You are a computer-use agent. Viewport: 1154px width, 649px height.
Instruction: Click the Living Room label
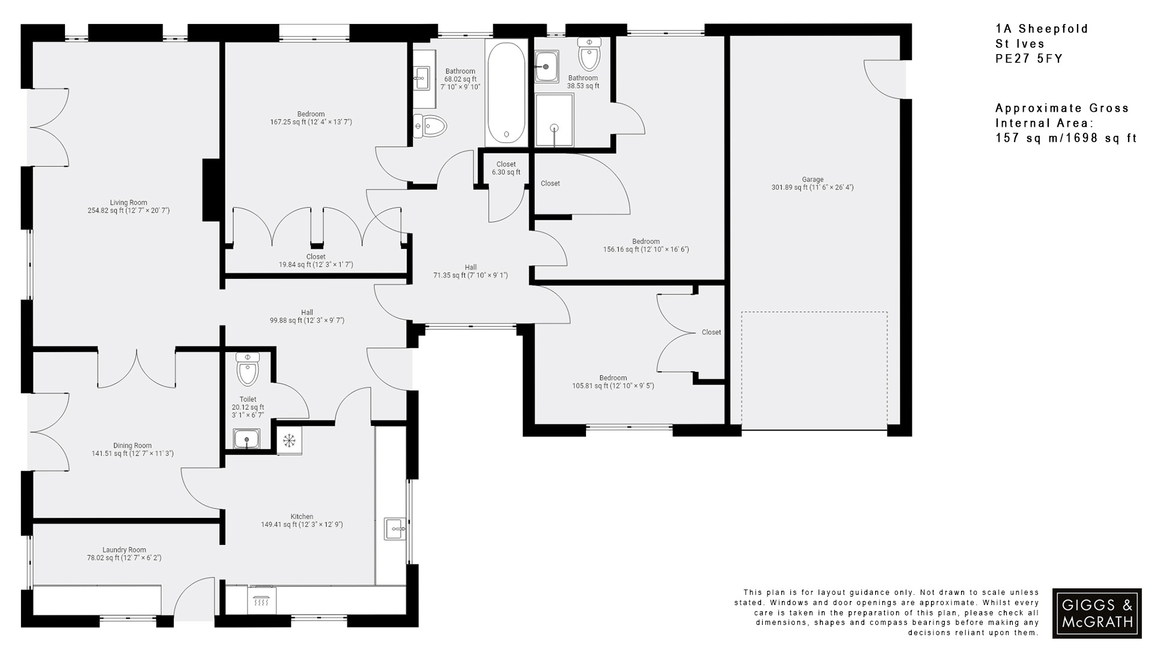point(129,207)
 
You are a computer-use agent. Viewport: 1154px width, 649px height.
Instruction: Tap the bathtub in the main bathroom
point(506,93)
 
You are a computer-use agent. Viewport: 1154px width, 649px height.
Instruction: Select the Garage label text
point(812,183)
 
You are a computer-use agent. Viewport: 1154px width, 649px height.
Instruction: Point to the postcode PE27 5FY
point(1029,59)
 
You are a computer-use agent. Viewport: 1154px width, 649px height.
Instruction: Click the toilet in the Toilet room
point(248,368)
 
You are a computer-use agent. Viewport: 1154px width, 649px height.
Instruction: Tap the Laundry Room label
point(124,553)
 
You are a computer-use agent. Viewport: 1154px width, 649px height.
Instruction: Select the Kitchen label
point(302,520)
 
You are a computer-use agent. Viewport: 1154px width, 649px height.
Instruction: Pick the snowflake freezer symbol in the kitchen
point(289,441)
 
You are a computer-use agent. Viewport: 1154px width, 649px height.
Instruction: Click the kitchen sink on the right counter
point(395,529)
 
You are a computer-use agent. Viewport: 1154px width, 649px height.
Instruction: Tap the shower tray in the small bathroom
point(554,120)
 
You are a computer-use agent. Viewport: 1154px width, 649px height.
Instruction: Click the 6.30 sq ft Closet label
point(506,168)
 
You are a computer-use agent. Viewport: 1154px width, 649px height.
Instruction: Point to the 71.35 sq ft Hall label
point(471,272)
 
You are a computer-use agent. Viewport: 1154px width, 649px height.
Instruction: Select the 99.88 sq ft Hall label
point(307,316)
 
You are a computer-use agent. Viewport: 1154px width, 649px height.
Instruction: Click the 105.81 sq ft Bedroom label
point(613,382)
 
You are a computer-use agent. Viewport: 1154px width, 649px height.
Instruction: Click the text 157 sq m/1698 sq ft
point(1066,138)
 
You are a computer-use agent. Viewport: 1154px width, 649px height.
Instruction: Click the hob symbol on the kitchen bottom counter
point(261,600)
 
